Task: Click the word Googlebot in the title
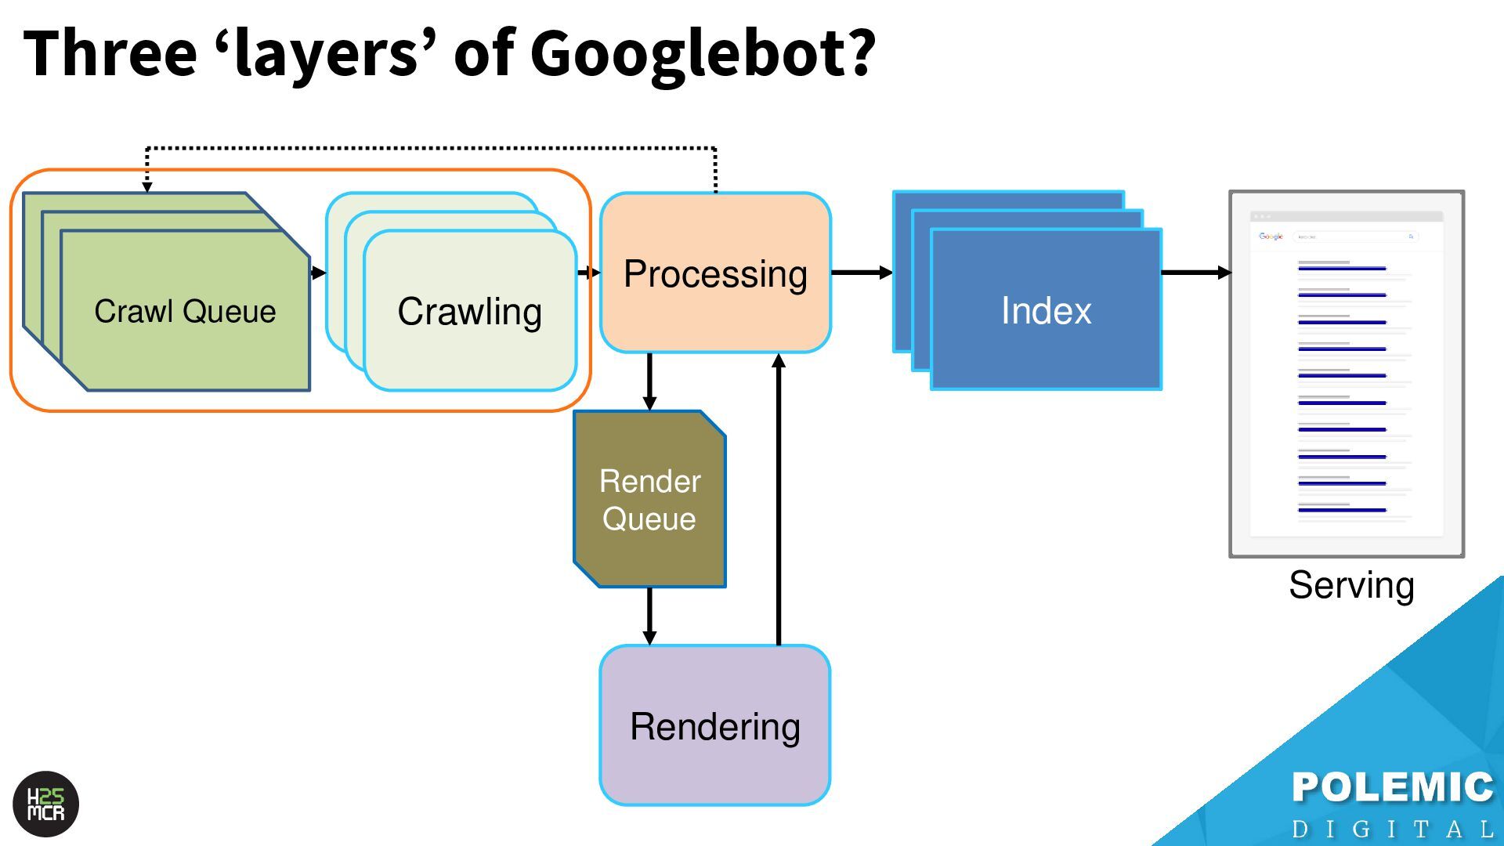tap(702, 53)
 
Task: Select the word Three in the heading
tap(110, 53)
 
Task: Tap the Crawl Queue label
tap(185, 312)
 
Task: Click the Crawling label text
tap(469, 312)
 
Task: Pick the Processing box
tap(715, 273)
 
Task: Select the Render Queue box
tap(649, 500)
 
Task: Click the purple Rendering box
tap(714, 726)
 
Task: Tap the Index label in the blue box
tap(1046, 311)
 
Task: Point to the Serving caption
tap(1351, 585)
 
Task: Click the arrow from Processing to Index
tap(862, 273)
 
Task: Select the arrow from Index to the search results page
tap(1195, 273)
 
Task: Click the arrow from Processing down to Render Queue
tap(649, 381)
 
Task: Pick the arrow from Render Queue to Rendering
tap(649, 616)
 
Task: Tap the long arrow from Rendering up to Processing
tap(779, 501)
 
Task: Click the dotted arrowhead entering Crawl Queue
tap(147, 186)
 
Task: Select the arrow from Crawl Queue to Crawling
tap(318, 273)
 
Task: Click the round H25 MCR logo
tap(46, 804)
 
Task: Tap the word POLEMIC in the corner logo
tap(1393, 787)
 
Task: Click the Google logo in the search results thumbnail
tap(1271, 236)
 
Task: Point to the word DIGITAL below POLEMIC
tap(1393, 829)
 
